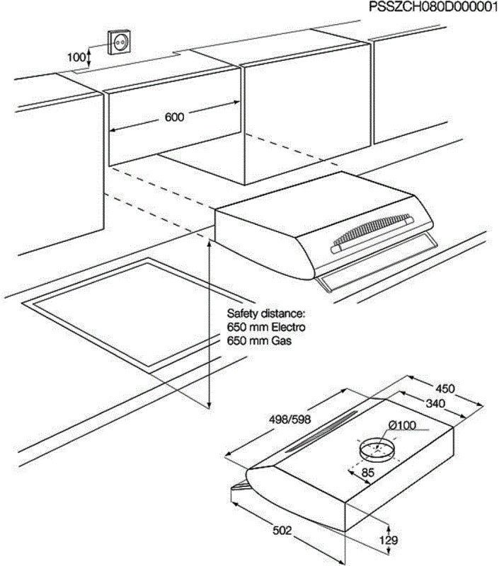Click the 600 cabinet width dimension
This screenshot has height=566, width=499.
click(174, 117)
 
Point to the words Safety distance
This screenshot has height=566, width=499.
click(265, 312)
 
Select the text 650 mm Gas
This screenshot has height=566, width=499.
click(259, 341)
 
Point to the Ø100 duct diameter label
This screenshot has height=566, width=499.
click(402, 425)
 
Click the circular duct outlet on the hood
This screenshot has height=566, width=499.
click(378, 451)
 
